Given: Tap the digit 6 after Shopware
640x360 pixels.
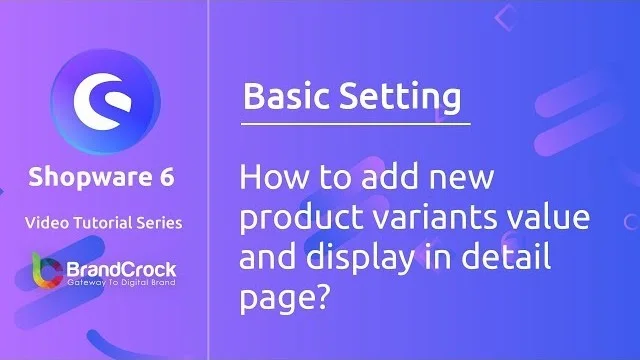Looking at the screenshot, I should pyautogui.click(x=166, y=178).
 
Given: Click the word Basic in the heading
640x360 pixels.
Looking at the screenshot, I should pyautogui.click(x=289, y=98).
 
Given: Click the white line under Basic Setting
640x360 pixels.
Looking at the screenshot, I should pyautogui.click(x=355, y=123).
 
